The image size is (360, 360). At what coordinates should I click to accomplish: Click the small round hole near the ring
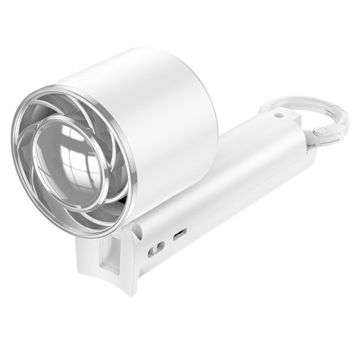point(279,115)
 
